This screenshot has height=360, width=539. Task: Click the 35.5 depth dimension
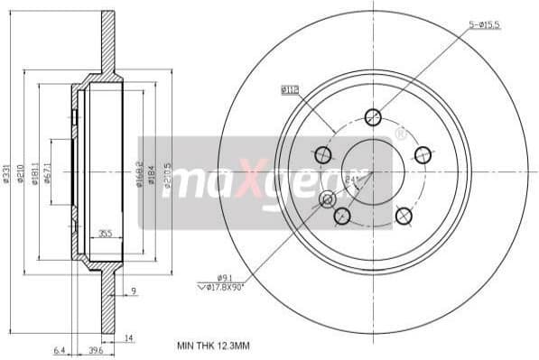tap(106, 234)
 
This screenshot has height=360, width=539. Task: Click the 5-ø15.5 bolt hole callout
tap(484, 24)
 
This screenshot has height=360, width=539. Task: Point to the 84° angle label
tap(352, 180)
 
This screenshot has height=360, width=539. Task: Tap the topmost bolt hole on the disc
tap(373, 116)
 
